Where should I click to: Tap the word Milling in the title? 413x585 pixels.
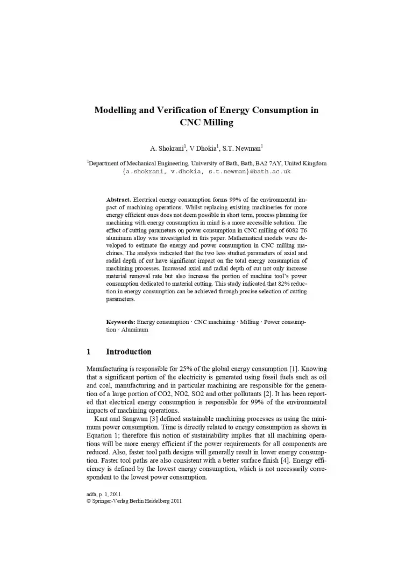218,123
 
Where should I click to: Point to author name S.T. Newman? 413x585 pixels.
245,148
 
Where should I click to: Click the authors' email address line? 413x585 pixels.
206,171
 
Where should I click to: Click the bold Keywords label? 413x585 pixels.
121,322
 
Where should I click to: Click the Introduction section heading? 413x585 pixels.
129,352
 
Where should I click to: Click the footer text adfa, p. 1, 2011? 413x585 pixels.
104,493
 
